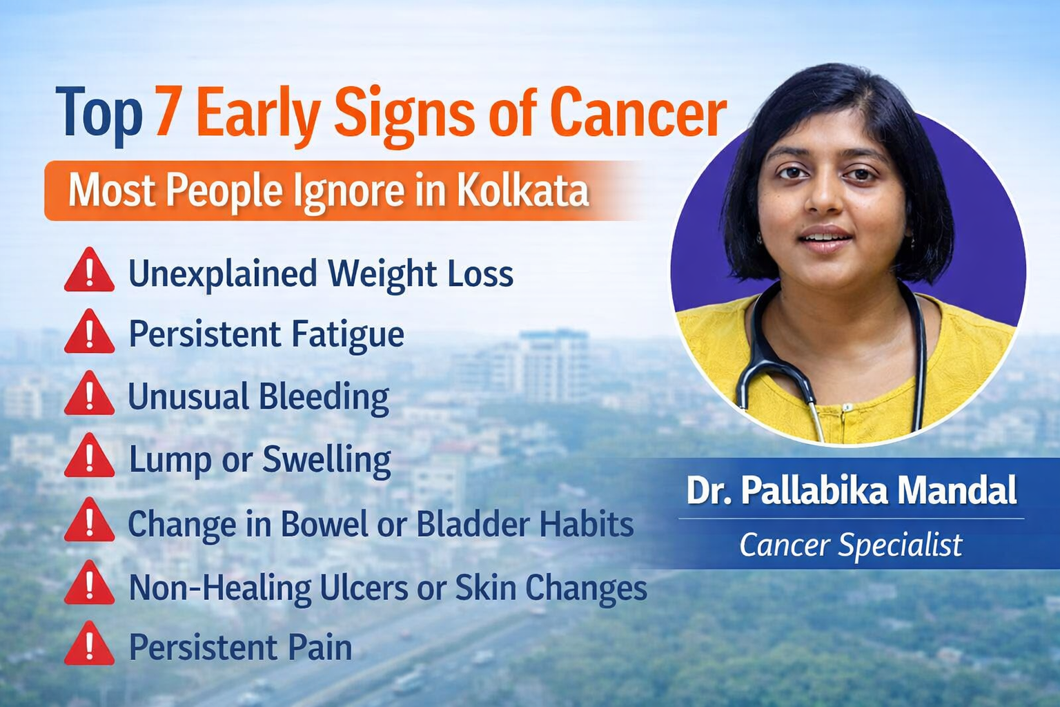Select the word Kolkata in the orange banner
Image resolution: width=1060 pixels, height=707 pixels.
523,191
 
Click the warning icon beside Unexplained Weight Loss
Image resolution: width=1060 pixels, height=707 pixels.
90,269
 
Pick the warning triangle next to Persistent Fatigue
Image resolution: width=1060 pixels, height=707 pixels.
90,331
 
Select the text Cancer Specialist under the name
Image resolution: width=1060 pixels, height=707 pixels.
851,545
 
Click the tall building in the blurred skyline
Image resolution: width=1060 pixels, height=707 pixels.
553,365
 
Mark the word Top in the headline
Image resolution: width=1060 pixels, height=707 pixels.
99,115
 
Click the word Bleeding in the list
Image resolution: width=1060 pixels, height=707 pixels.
324,398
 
